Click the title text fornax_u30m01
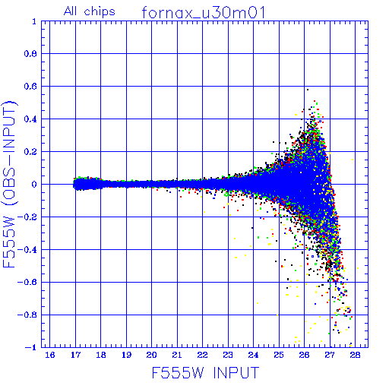(204, 13)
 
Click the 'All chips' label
(90, 11)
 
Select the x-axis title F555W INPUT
(205, 373)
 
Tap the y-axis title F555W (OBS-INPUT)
(10, 184)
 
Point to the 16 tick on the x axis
(50, 355)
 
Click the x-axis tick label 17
(75, 355)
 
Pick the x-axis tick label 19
(126, 355)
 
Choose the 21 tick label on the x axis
(177, 355)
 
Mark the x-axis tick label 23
(228, 355)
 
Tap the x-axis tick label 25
(279, 355)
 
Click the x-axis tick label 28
(355, 355)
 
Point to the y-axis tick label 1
(34, 21)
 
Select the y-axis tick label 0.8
(30, 54)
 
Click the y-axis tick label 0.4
(30, 119)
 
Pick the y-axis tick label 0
(34, 184)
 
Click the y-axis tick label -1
(31, 347)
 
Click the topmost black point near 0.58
(308, 90)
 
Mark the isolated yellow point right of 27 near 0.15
(353, 160)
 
